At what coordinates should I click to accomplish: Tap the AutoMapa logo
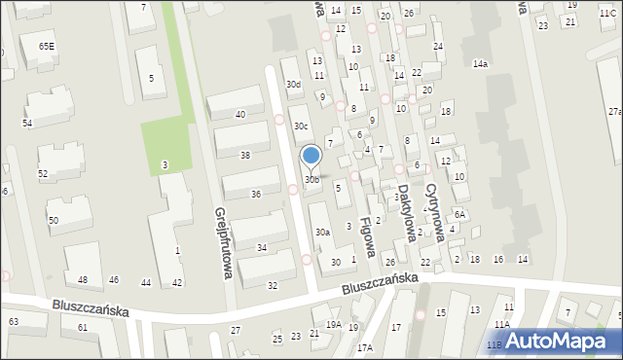(559, 341)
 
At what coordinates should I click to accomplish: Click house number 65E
(47, 46)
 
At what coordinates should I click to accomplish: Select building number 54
(27, 124)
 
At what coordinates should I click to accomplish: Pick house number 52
(43, 173)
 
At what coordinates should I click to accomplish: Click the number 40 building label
(239, 115)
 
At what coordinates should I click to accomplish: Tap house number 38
(245, 155)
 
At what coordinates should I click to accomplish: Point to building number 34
(262, 248)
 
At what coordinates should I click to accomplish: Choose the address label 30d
(293, 85)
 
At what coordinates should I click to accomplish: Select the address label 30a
(322, 233)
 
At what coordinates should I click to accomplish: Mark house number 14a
(480, 63)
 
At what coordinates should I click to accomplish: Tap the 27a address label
(614, 113)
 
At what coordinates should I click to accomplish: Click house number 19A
(333, 325)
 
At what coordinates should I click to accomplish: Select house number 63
(13, 320)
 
